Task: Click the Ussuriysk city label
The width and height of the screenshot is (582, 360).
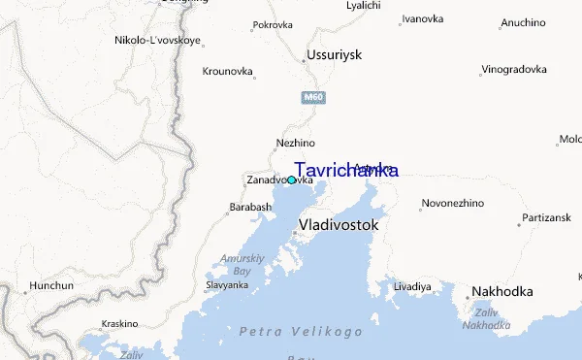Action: [x=334, y=55]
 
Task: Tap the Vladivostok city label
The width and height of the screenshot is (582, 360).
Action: [x=339, y=224]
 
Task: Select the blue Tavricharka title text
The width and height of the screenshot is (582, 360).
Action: [x=345, y=171]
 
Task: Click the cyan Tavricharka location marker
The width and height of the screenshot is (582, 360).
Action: [x=291, y=180]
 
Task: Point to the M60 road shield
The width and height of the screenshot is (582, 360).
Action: [x=312, y=98]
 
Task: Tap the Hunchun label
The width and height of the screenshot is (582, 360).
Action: [x=51, y=286]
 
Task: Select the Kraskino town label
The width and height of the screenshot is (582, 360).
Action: [x=120, y=324]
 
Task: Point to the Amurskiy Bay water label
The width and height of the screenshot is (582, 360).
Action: [x=235, y=265]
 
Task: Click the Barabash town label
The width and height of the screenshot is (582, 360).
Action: [x=250, y=208]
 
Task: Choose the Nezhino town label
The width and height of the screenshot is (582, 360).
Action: [x=296, y=144]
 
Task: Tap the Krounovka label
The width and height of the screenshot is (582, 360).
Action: [x=228, y=71]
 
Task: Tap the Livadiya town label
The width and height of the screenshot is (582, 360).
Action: [x=412, y=287]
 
